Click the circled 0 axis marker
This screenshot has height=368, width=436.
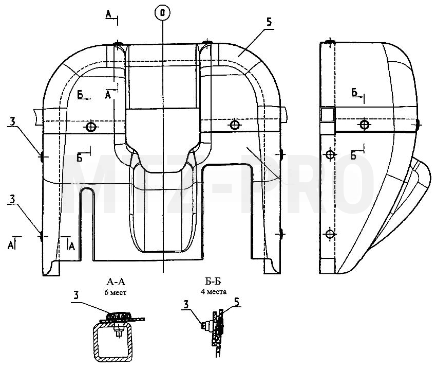pyautogui.click(x=162, y=13)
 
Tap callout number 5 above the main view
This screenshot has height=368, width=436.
pyautogui.click(x=269, y=22)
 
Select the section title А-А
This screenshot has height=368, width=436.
pyautogui.click(x=116, y=282)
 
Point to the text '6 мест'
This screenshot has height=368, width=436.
pyautogui.click(x=116, y=292)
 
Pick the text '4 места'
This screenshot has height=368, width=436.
pyautogui.click(x=214, y=292)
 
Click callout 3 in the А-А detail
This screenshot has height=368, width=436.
pyautogui.click(x=76, y=295)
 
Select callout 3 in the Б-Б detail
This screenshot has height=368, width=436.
pyautogui.click(x=186, y=305)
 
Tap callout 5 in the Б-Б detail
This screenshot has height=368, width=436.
pyautogui.click(x=237, y=302)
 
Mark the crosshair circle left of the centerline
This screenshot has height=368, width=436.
pyautogui.click(x=91, y=127)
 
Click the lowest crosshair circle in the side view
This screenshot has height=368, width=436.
pyautogui.click(x=330, y=234)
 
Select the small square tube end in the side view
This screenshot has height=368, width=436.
pyautogui.click(x=327, y=115)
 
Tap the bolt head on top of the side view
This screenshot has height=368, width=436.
pyautogui.click(x=330, y=42)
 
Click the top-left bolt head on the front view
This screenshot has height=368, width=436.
pyautogui.click(x=118, y=44)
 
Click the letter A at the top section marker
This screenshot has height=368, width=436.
pyautogui.click(x=108, y=14)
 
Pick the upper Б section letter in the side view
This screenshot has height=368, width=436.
pyautogui.click(x=354, y=92)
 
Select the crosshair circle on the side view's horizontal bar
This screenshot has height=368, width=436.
pyautogui.click(x=365, y=125)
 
